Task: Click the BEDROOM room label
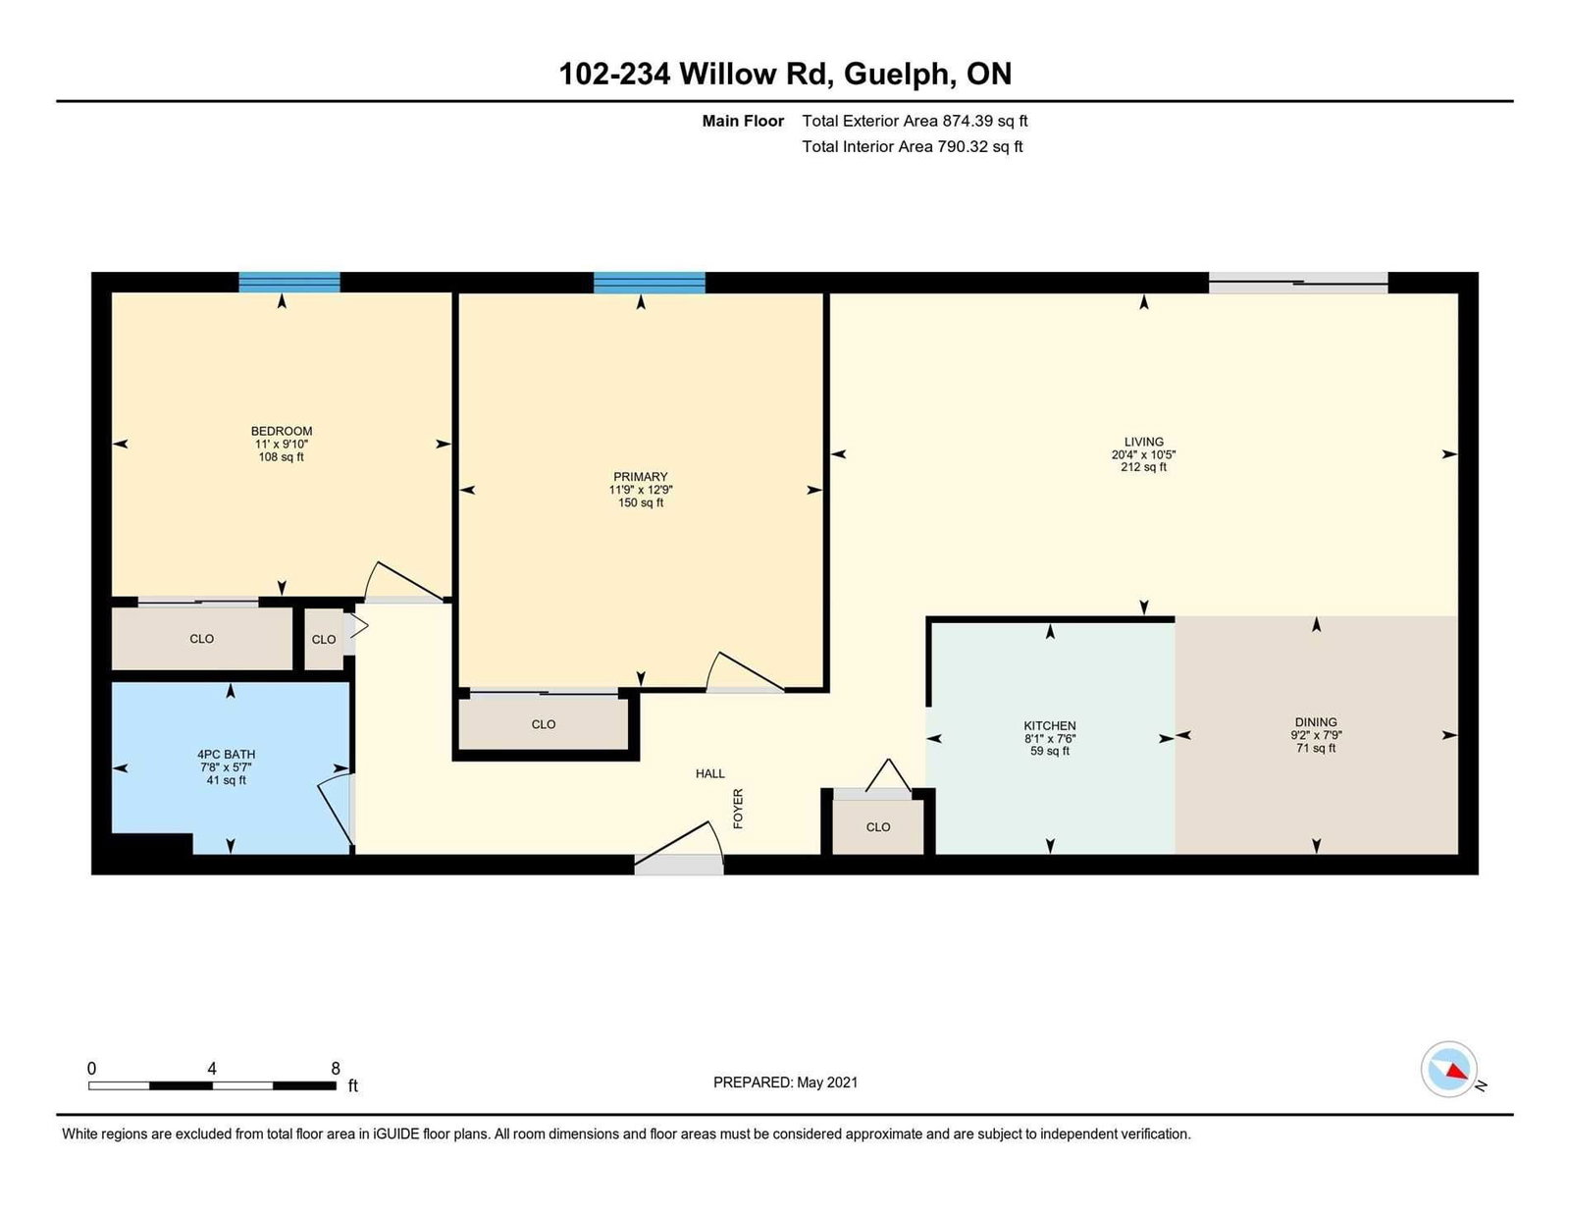click(281, 431)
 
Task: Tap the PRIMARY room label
click(640, 477)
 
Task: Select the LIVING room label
click(1143, 442)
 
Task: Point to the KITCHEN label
click(1049, 725)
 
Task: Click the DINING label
click(1316, 721)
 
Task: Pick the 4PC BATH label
click(226, 755)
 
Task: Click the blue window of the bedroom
click(289, 282)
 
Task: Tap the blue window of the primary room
click(649, 283)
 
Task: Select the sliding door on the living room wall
click(1298, 283)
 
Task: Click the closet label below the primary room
click(544, 724)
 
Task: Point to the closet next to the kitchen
click(878, 826)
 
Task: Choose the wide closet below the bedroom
click(201, 639)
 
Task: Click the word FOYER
click(738, 809)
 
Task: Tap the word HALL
click(709, 773)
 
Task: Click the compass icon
click(1448, 1070)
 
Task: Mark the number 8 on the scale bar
click(336, 1068)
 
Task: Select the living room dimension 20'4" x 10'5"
click(1143, 454)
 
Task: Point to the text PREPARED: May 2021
click(785, 1082)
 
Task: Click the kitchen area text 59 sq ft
click(1049, 751)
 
